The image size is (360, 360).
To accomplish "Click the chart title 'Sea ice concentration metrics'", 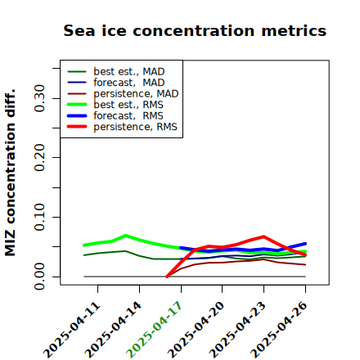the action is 195,30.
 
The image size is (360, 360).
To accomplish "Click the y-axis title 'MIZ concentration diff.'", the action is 11,173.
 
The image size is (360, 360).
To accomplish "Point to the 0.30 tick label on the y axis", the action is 40,98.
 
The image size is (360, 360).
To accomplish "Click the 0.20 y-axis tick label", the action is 40,157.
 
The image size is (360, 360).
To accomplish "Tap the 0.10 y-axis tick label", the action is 40,217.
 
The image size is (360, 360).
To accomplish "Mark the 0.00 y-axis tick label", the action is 40,277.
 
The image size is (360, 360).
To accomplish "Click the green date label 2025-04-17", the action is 154,330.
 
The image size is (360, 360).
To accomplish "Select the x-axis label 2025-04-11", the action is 71,330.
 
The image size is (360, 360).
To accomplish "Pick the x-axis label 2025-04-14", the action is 113,330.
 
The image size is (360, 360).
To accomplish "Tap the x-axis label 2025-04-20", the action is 196,330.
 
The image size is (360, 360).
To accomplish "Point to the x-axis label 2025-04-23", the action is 237,330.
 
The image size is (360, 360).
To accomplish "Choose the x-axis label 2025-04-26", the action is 279,330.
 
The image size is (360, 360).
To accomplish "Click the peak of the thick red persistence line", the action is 263,236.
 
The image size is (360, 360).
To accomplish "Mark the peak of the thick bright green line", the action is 125,236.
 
